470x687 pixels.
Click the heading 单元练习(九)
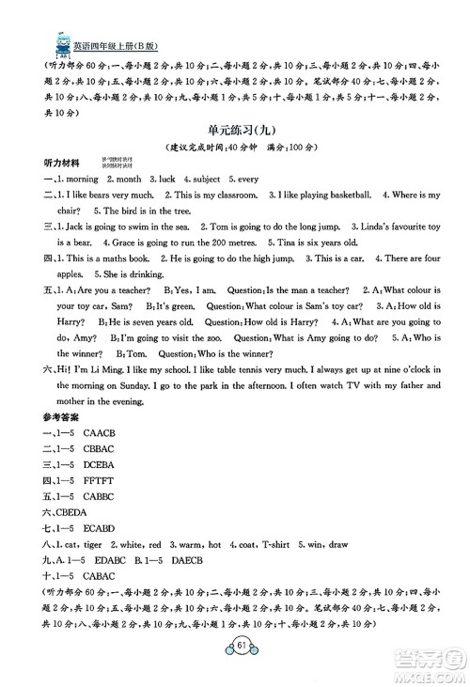[234, 133]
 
